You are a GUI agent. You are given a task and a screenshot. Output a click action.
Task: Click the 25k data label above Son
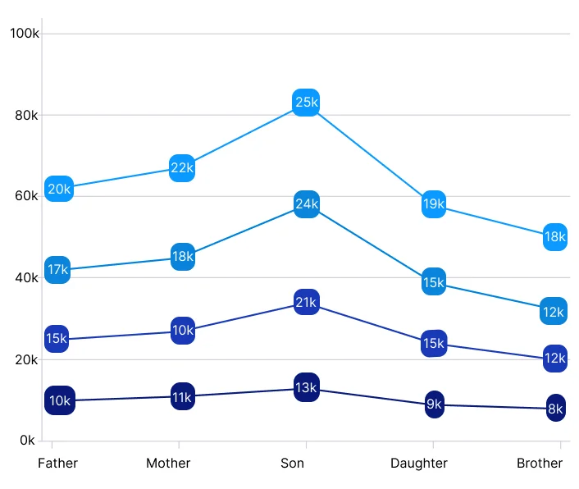point(306,103)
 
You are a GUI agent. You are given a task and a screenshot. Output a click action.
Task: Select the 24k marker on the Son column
point(306,204)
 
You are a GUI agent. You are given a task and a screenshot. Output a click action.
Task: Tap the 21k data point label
point(306,303)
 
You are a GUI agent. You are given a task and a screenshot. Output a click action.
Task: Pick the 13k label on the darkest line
point(306,386)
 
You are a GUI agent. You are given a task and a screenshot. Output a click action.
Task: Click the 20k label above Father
point(59,189)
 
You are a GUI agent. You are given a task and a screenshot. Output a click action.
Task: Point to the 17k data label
point(57,270)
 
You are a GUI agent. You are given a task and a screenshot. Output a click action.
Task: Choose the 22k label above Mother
point(182,167)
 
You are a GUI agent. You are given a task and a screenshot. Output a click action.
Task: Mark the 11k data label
point(182,397)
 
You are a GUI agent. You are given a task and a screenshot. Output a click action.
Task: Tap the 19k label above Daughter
point(434,203)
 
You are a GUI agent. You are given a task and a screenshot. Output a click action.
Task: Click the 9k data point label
point(434,404)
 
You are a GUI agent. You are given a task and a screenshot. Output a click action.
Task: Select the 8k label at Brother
point(556,408)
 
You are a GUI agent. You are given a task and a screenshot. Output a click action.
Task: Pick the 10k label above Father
point(60,400)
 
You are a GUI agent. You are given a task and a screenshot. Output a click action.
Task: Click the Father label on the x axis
point(58,464)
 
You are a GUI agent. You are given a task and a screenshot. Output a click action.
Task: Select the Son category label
point(293,464)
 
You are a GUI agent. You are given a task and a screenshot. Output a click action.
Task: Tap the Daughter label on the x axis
point(419,464)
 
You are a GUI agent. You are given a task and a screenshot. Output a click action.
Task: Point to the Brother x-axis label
point(540,464)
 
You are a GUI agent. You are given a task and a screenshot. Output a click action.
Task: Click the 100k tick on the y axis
point(24,34)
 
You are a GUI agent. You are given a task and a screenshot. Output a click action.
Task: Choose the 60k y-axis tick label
point(26,196)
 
